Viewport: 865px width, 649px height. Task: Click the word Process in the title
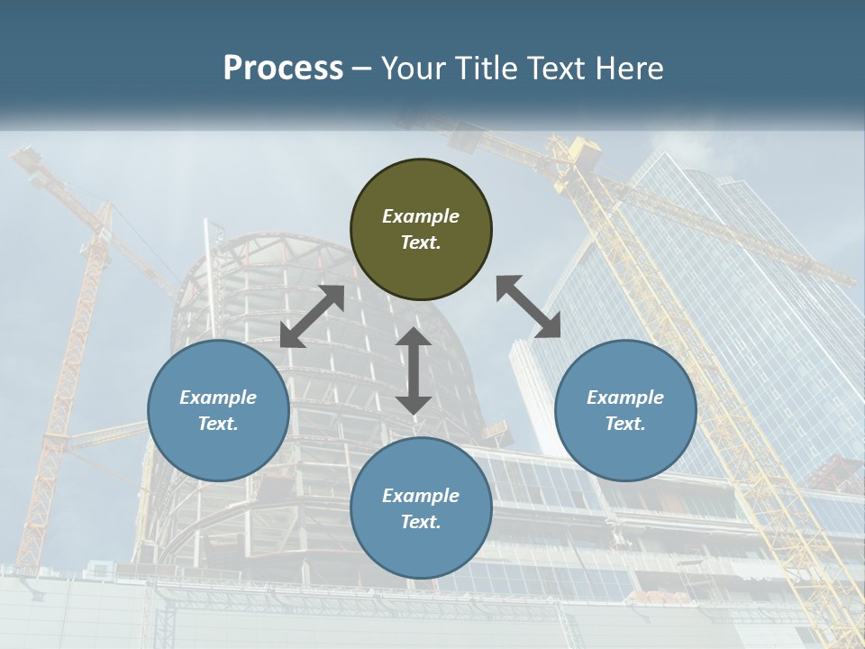click(x=283, y=69)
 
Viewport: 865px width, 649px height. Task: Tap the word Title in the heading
click(x=487, y=69)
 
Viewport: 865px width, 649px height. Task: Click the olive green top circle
click(x=421, y=229)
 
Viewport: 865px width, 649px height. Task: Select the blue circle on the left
click(x=218, y=410)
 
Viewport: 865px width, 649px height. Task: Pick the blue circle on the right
click(x=625, y=410)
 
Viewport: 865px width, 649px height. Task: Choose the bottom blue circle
click(x=421, y=508)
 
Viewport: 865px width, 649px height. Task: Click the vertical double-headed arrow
click(x=414, y=370)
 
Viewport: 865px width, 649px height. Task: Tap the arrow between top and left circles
click(x=313, y=316)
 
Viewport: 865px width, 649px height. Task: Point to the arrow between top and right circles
click(x=528, y=306)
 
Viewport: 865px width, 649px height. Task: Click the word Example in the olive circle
click(x=421, y=216)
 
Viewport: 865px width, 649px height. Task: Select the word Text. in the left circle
click(x=218, y=424)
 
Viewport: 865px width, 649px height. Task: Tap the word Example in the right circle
click(x=625, y=398)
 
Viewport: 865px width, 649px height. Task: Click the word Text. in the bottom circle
click(x=421, y=522)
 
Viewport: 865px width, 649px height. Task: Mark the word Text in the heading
click(x=558, y=69)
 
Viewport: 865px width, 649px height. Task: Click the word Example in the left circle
click(x=218, y=398)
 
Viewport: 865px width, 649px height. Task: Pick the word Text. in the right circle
click(x=625, y=424)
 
